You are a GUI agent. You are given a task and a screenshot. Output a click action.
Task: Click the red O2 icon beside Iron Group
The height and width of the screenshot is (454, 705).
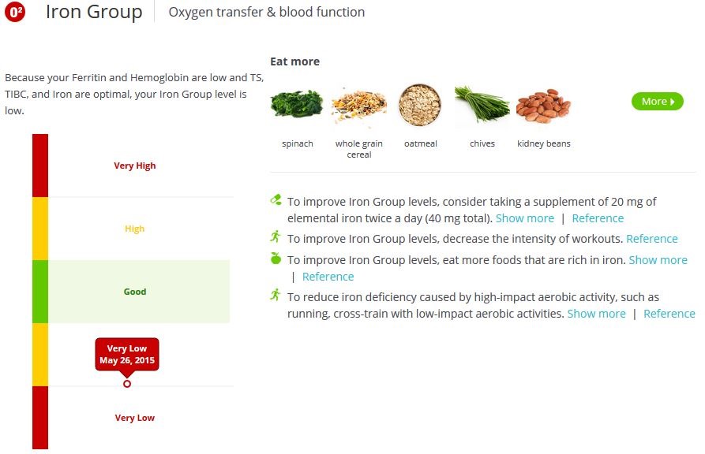pos(16,13)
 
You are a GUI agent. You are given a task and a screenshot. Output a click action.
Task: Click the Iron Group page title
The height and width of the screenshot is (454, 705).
pos(94,13)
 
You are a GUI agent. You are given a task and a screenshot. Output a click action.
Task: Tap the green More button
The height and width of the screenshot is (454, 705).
pos(657,101)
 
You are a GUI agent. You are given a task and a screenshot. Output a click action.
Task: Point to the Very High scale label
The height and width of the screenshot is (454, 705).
pos(135,166)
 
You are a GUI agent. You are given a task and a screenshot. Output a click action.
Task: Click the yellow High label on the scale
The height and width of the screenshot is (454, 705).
pos(135,229)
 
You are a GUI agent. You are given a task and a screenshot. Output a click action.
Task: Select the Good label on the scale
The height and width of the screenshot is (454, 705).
pos(135,292)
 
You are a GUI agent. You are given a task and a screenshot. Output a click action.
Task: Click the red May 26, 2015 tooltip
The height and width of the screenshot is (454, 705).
pos(127,355)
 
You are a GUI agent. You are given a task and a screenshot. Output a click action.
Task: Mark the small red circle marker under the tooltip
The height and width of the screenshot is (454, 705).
pos(127,384)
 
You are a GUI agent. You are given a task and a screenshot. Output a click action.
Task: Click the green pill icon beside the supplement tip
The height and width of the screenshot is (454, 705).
pos(276,200)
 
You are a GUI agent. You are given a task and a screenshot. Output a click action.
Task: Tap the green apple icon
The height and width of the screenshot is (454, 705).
pos(276,259)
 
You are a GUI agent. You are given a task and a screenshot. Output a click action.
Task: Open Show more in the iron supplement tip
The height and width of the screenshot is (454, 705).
pos(524,218)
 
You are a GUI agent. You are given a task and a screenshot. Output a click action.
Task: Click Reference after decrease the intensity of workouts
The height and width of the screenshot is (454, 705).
pos(651,239)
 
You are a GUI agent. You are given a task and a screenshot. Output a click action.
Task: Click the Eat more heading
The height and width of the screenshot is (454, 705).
pos(294,61)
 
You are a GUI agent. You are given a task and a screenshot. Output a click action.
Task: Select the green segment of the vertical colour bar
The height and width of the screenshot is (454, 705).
pos(40,292)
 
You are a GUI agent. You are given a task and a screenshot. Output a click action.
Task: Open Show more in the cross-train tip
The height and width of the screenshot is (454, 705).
pos(596,314)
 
